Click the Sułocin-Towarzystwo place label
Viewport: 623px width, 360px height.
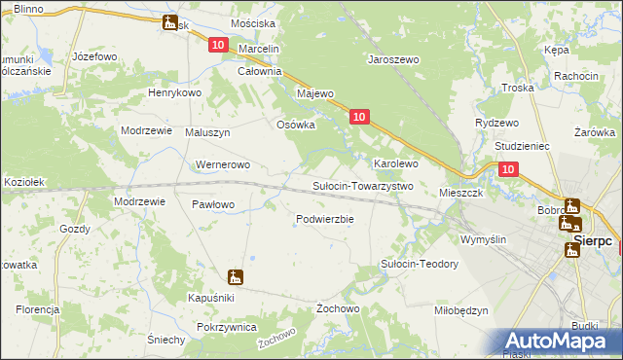362,186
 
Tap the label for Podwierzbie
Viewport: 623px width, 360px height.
324,219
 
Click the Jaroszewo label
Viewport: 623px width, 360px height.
392,59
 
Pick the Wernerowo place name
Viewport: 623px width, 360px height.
224,164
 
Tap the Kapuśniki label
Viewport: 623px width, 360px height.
212,296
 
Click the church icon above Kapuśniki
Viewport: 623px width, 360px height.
235,276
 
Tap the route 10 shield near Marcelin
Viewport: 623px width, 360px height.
218,45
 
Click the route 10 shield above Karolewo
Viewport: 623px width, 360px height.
359,117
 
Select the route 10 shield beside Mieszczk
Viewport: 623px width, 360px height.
508,169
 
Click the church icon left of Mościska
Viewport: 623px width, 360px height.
171,22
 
